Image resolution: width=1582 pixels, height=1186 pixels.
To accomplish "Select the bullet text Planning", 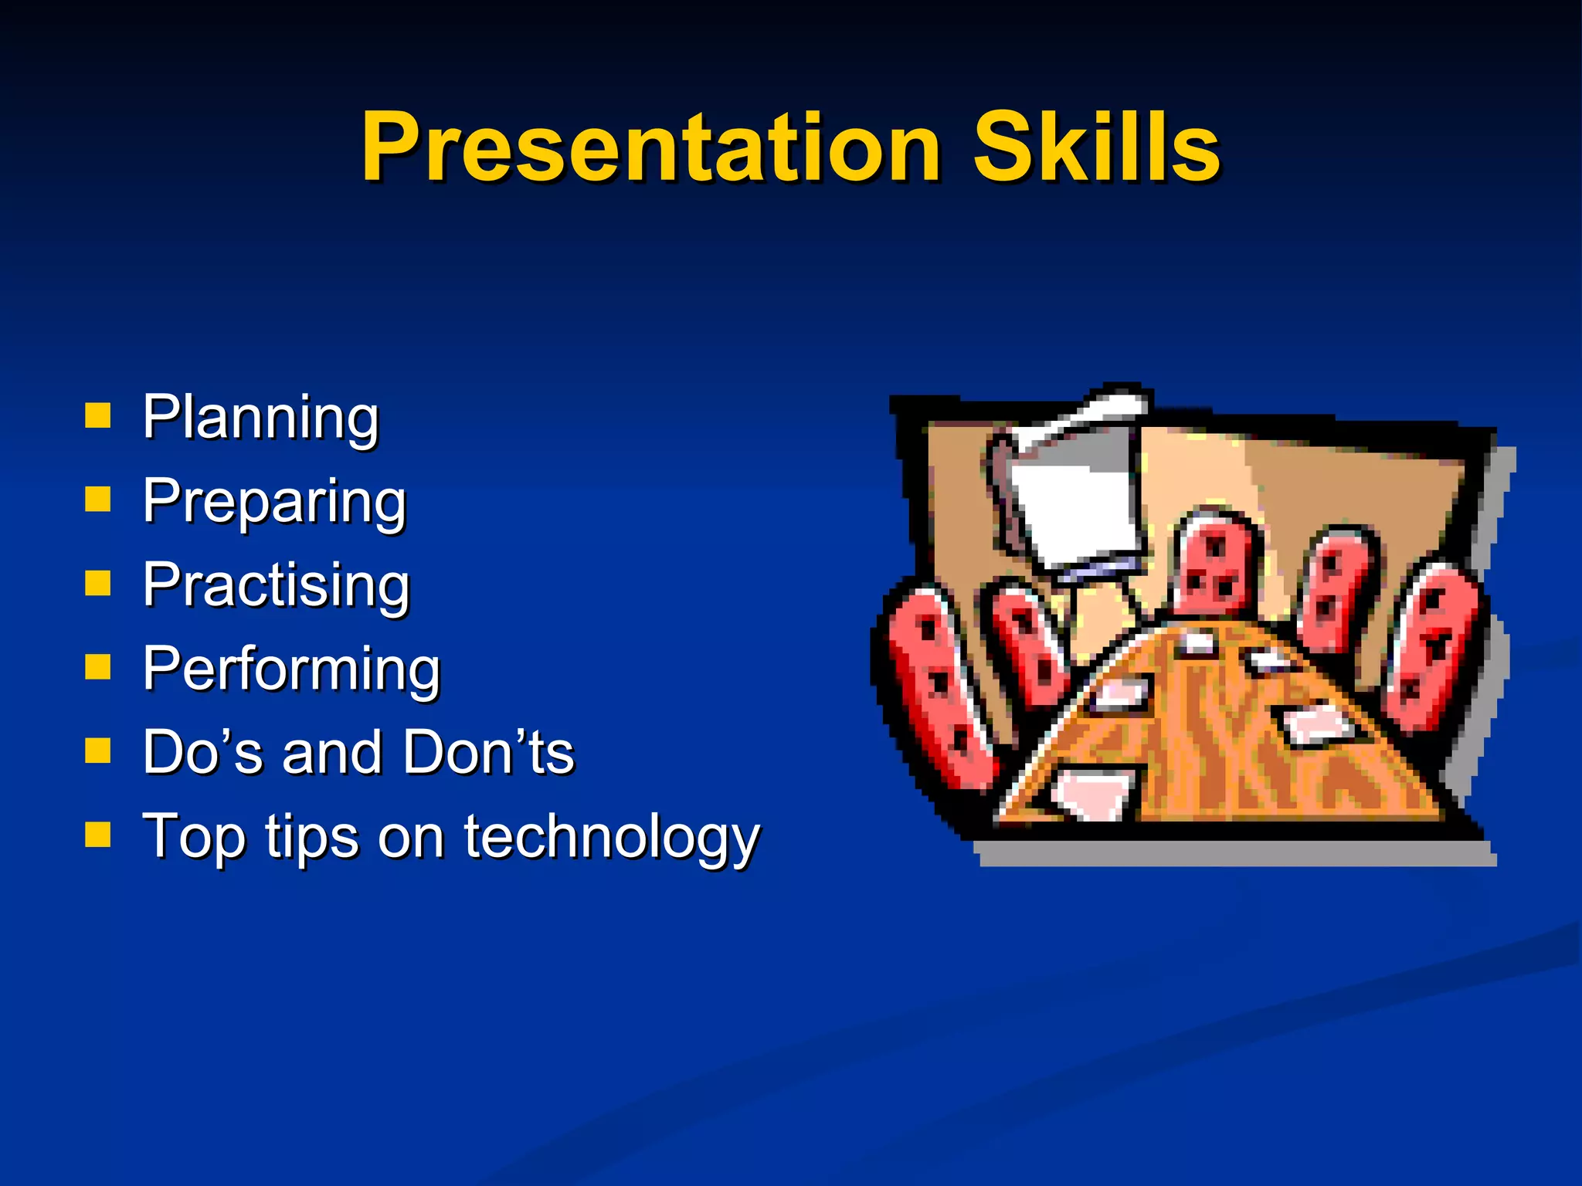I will click(x=260, y=418).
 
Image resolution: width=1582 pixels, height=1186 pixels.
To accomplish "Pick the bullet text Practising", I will click(x=276, y=586).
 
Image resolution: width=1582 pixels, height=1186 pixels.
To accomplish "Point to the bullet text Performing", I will click(x=291, y=669).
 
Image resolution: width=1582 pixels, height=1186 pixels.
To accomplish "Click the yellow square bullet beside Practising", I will click(x=98, y=583).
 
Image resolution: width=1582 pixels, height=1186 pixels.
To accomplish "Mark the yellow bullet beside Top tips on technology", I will click(x=98, y=834).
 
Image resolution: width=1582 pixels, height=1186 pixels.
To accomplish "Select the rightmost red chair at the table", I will click(x=1433, y=649).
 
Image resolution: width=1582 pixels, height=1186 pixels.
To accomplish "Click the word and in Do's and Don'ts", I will click(x=331, y=753).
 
